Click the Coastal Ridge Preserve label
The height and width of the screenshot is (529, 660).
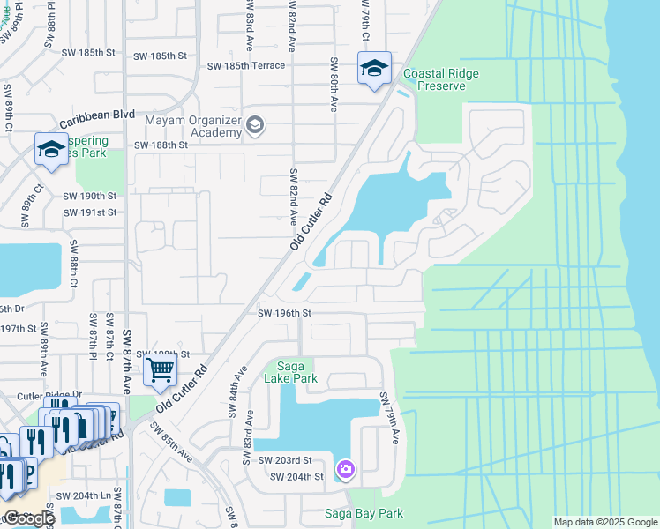pos(440,80)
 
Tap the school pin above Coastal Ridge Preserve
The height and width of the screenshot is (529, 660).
pos(374,68)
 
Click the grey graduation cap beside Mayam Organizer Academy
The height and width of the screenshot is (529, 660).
pos(255,126)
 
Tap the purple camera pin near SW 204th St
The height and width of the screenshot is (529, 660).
pos(346,467)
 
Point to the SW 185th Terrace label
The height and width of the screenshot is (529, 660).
pos(246,65)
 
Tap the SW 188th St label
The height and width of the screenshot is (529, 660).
pos(161,145)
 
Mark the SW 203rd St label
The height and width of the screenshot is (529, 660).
pos(285,460)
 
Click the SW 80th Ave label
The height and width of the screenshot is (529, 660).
pos(334,85)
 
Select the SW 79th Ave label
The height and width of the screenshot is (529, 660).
pos(388,418)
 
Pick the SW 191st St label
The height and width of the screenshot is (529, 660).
pos(90,212)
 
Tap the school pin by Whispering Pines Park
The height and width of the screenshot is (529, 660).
pos(51,149)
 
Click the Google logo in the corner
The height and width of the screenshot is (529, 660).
pos(28,518)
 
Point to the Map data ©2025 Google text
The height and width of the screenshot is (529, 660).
pos(604,522)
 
